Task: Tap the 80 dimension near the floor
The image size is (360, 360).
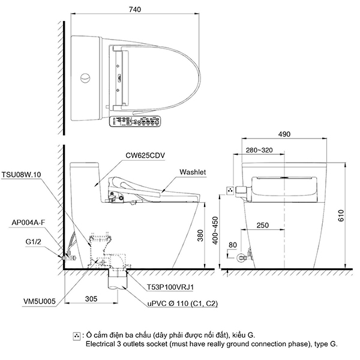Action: click(233, 245)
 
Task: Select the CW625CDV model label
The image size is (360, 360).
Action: click(145, 155)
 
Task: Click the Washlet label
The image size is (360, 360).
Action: click(193, 172)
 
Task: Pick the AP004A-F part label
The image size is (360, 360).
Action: click(28, 222)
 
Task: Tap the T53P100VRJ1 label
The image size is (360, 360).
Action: click(172, 288)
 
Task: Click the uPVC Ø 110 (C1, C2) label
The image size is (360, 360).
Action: click(183, 305)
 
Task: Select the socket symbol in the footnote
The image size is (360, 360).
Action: click(77, 335)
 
